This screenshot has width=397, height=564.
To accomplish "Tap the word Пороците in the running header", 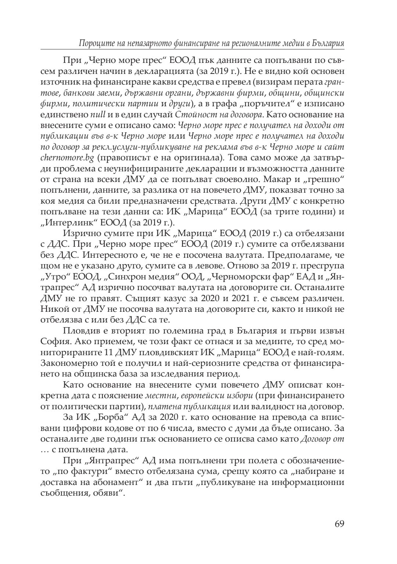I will (95, 43).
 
